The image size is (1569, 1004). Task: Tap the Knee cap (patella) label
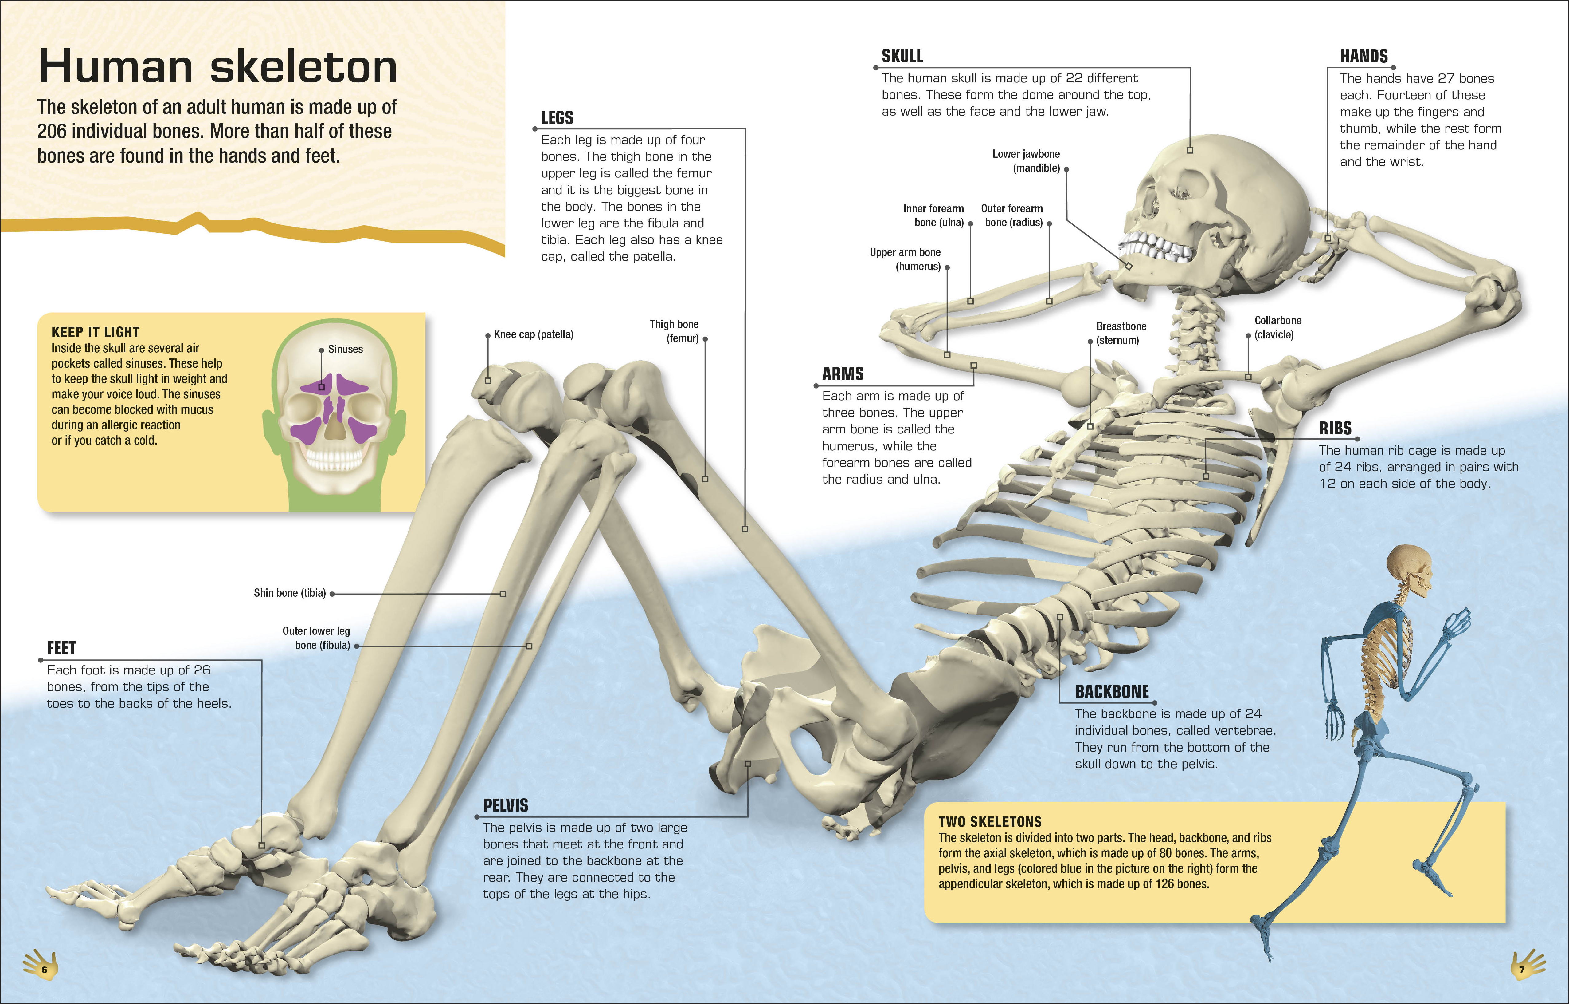click(534, 334)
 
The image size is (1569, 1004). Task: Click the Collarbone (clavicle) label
click(1278, 327)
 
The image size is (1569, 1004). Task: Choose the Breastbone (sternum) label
click(1121, 333)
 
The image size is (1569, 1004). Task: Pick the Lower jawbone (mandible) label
click(1026, 161)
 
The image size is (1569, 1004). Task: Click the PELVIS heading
click(506, 805)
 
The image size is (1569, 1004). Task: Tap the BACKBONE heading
click(1112, 692)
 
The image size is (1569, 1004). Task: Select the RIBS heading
click(1335, 428)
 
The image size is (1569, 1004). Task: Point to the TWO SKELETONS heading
click(990, 821)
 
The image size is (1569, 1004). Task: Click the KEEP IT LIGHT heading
click(95, 332)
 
